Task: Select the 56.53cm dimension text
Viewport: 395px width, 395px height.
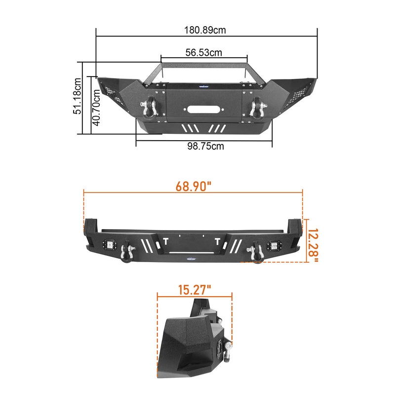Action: (203, 52)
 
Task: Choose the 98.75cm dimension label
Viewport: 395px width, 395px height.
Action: (204, 146)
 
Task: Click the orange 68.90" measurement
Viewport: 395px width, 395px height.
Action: (193, 187)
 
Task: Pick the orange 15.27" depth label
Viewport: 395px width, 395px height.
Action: (194, 290)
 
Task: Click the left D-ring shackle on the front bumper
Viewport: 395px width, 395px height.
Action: (149, 108)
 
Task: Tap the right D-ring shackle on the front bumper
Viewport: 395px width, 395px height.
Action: (257, 108)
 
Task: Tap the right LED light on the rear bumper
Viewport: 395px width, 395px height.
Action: (273, 245)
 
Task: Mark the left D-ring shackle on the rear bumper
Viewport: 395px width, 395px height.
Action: (128, 252)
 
